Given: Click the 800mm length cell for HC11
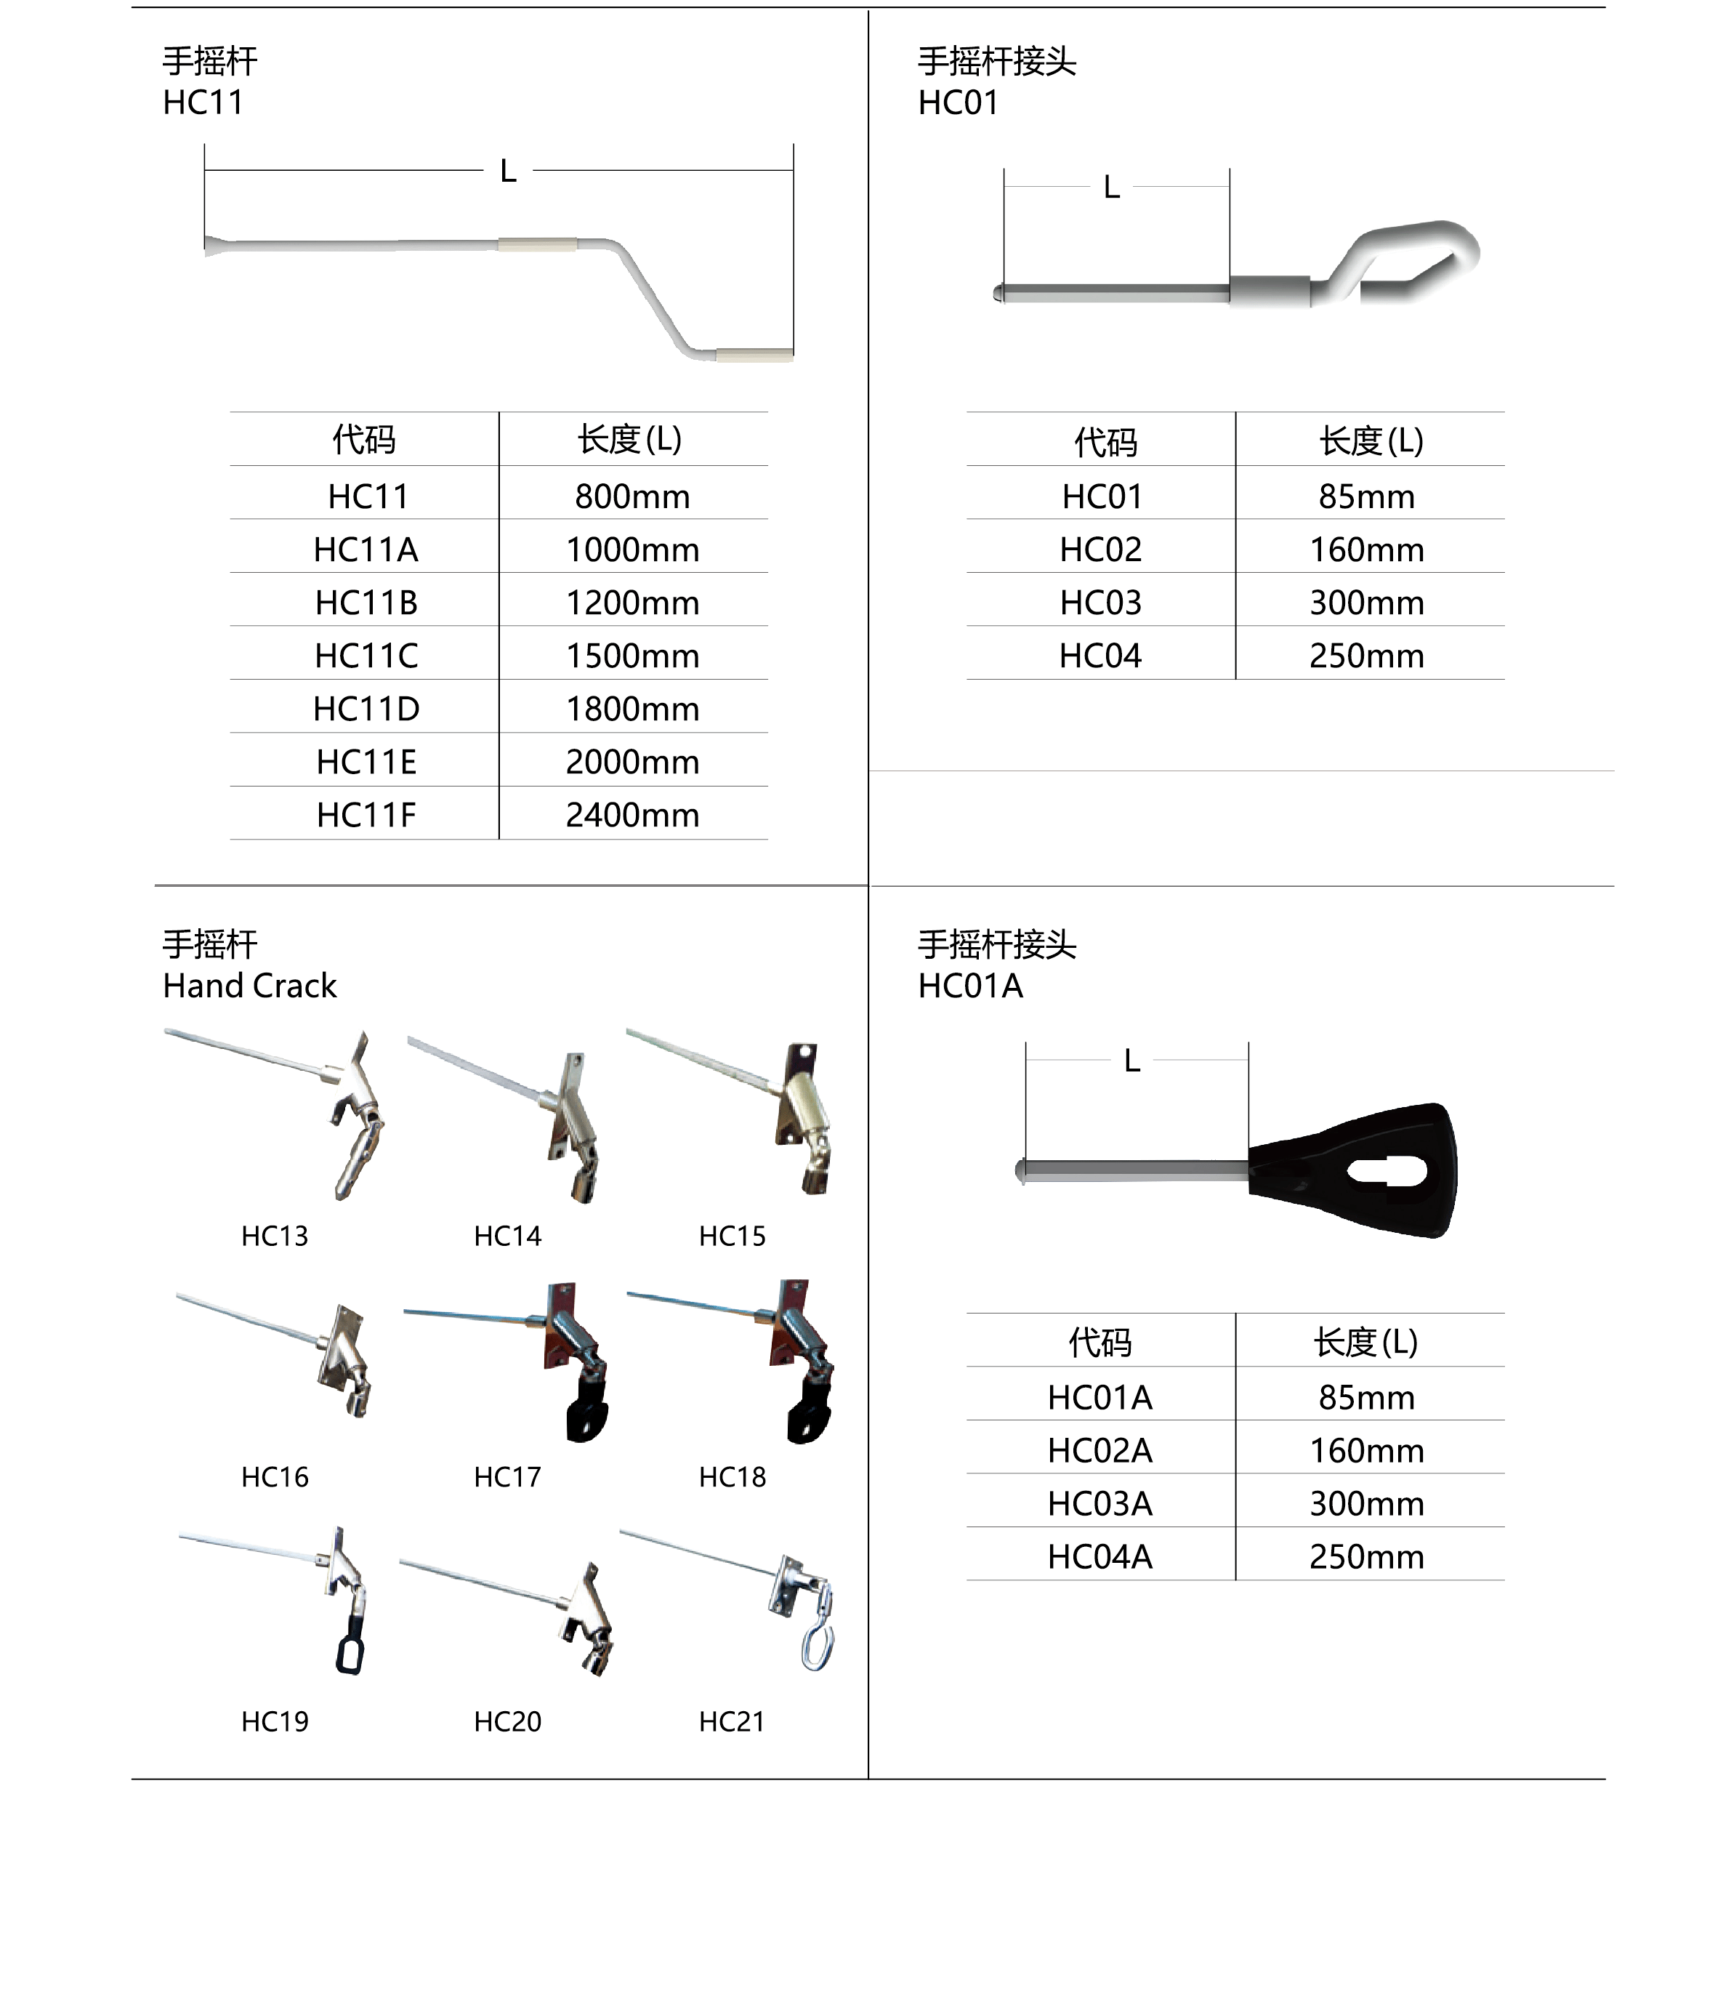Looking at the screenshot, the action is tap(633, 496).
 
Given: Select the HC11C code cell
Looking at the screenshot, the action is tap(366, 656).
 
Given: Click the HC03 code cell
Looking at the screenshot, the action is tap(1100, 603).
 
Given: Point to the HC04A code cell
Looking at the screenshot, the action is tap(1100, 1557).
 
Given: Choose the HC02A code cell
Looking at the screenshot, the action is tap(1100, 1451).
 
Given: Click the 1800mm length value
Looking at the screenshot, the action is tap(633, 709).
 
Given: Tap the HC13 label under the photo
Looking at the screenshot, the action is tap(275, 1236).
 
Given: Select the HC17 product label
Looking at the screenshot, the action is tap(507, 1477).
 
